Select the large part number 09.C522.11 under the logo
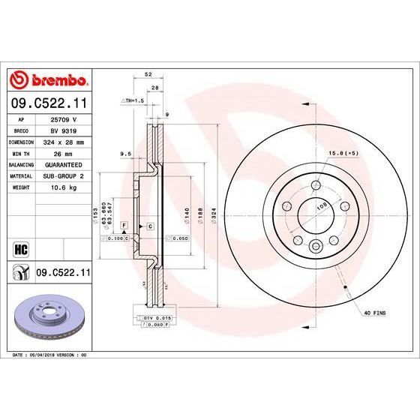pyautogui.click(x=49, y=101)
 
